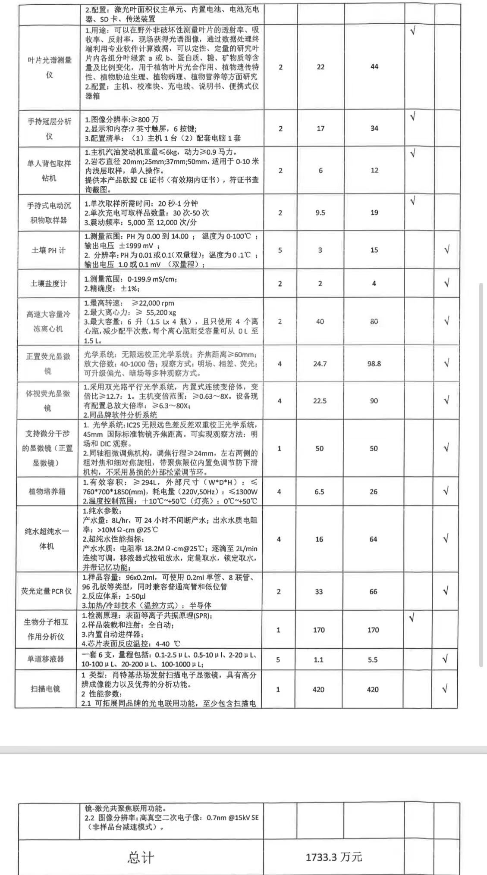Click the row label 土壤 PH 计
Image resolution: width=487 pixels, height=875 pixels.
(x=48, y=250)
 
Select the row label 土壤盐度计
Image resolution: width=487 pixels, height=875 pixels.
(x=48, y=284)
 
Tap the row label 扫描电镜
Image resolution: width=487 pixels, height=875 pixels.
(x=45, y=689)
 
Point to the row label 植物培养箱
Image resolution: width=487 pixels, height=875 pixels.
(x=47, y=491)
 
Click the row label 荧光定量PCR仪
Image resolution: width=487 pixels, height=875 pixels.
(x=47, y=591)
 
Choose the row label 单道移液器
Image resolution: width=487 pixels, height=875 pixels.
(x=46, y=659)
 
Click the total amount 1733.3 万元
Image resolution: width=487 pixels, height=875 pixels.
(x=334, y=857)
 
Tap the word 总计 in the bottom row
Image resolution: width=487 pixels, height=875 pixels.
(x=141, y=857)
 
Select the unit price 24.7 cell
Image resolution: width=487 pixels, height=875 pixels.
(x=320, y=364)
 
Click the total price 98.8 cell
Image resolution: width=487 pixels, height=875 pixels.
(x=374, y=364)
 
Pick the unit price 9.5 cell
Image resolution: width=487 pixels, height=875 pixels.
(x=320, y=212)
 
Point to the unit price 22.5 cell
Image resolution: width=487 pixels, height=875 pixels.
(x=320, y=401)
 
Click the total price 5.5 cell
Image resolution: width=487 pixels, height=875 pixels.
(x=373, y=659)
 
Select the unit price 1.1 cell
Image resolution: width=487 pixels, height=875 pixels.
(x=319, y=659)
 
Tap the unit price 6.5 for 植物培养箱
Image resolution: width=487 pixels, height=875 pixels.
(x=319, y=492)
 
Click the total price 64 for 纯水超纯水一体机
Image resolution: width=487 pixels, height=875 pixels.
(x=373, y=539)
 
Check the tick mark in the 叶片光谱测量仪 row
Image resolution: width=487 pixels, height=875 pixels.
(x=413, y=31)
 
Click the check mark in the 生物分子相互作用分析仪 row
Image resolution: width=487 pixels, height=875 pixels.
(x=412, y=618)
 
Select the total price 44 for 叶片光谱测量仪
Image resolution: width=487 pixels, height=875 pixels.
(x=374, y=67)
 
